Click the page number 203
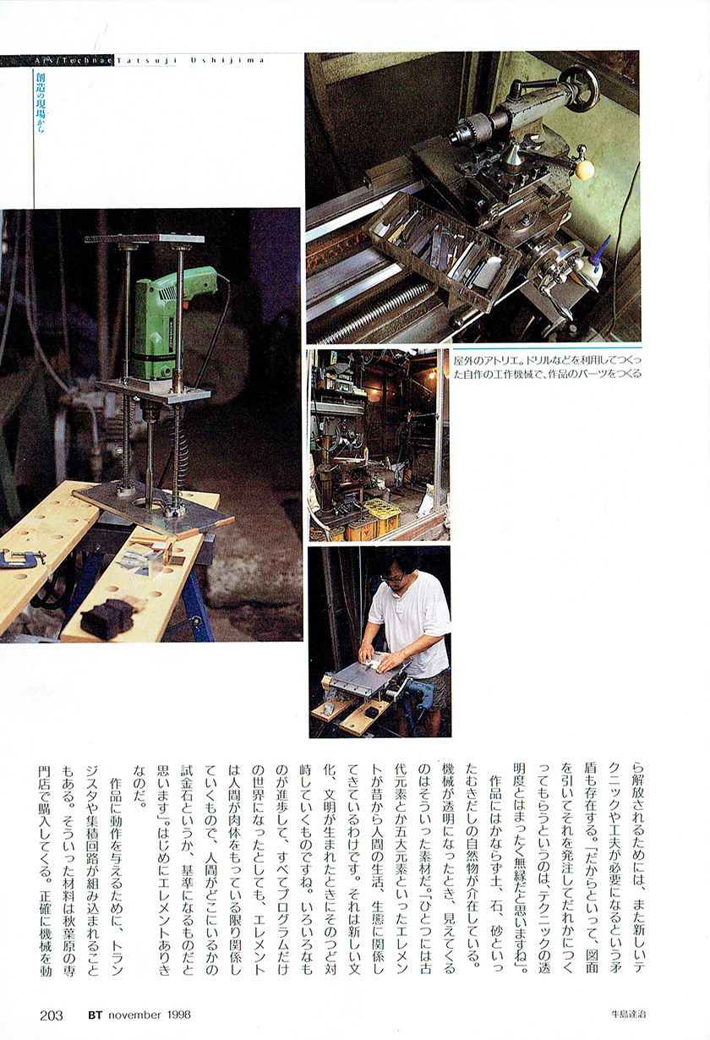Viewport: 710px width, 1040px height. coord(51,1015)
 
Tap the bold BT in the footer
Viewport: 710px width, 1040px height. coord(95,1015)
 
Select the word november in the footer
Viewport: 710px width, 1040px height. coord(135,1015)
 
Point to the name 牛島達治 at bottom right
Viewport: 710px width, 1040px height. coord(628,1015)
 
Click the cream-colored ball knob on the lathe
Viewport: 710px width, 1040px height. coord(586,170)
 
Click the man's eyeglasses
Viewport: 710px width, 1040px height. coord(394,578)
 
